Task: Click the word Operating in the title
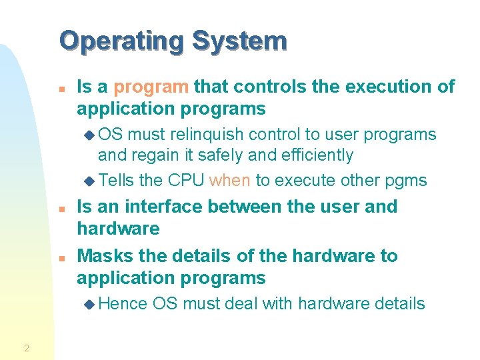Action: click(121, 41)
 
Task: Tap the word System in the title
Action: click(239, 41)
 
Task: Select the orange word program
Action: click(151, 87)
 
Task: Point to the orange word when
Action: click(230, 181)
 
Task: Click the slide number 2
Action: click(26, 347)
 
